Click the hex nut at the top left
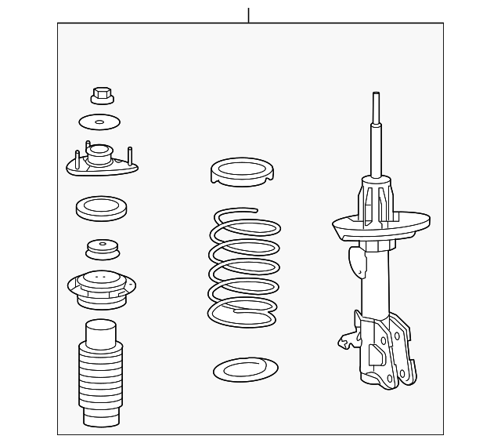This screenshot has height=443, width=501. pos(99,95)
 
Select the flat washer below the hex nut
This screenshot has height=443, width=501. pos(99,122)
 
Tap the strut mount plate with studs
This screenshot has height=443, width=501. pos(102,164)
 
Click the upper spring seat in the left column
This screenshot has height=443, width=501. pos(99,290)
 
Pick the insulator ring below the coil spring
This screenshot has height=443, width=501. pos(245,369)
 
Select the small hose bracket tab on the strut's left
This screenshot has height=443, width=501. pos(347,341)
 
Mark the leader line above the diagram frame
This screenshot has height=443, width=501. pos(248,15)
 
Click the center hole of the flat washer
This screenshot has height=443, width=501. pos(99,122)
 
